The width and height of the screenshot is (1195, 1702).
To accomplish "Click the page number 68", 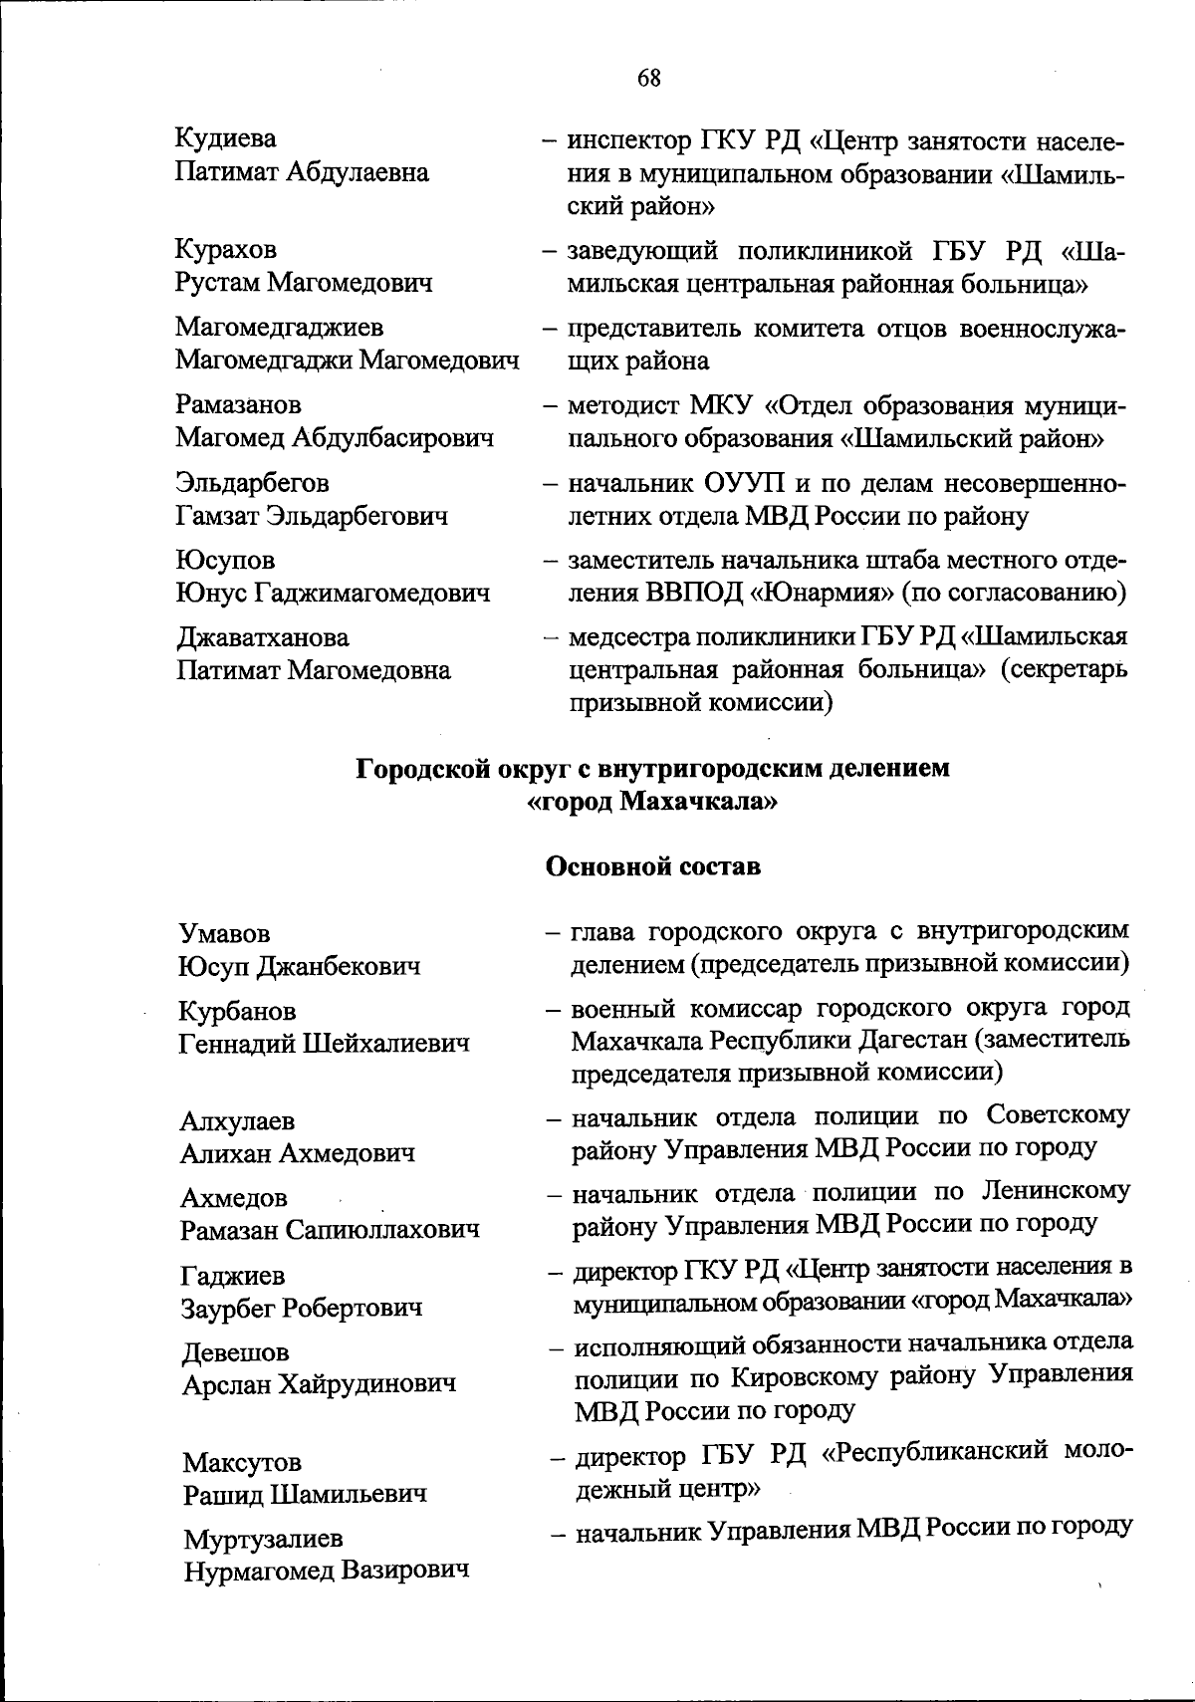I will coord(648,79).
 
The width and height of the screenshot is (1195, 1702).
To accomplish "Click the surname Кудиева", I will coord(226,138).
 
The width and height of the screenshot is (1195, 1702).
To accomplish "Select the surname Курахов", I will coord(226,249).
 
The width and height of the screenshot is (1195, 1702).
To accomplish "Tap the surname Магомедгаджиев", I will coord(280,327).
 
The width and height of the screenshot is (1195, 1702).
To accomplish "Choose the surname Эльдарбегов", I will coord(252,483).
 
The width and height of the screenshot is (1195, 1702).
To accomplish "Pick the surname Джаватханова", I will coord(263,637).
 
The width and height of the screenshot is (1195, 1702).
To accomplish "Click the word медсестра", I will coord(625,636).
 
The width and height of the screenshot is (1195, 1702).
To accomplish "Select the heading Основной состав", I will coord(652,866).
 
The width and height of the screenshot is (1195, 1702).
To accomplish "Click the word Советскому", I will coord(1059,1115).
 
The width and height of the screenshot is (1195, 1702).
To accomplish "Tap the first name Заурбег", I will coord(228,1307).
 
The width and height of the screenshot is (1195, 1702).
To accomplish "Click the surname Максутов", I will coord(242,1462).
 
